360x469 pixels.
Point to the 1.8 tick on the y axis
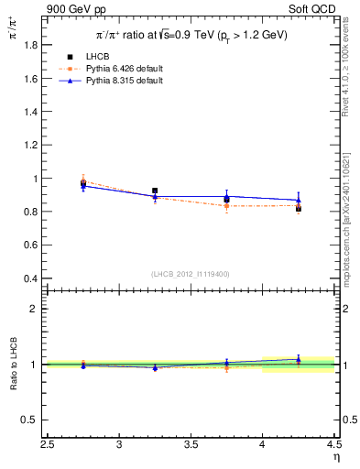(x=30, y=46)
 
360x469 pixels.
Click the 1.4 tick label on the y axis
(x=30, y=113)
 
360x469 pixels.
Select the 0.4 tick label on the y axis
(x=30, y=278)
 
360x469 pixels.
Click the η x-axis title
(x=336, y=458)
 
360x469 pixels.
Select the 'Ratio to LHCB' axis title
(x=14, y=365)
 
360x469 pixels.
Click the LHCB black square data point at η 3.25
(x=155, y=191)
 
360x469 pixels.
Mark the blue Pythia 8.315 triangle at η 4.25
(x=298, y=200)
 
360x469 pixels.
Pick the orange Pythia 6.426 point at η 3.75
(x=226, y=206)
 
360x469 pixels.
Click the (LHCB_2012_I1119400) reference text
(x=191, y=274)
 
